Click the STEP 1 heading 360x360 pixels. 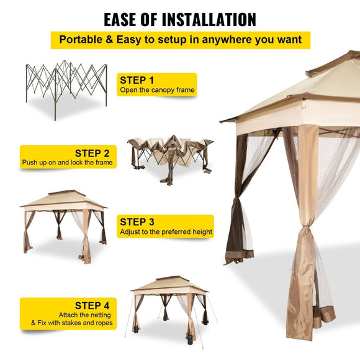(137, 80)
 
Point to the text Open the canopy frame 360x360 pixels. (157, 91)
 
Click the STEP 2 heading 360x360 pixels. (92, 153)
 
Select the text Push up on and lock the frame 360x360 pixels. (66, 163)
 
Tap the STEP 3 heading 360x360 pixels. (137, 222)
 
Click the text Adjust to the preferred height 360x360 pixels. (166, 232)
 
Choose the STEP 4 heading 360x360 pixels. (92, 305)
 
